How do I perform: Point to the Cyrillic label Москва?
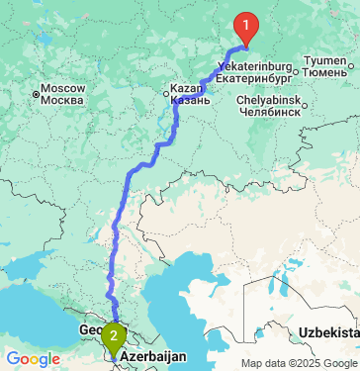point(65,101)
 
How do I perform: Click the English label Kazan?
point(186,86)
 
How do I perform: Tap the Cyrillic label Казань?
point(189,99)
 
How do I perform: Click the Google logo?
point(33,358)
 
